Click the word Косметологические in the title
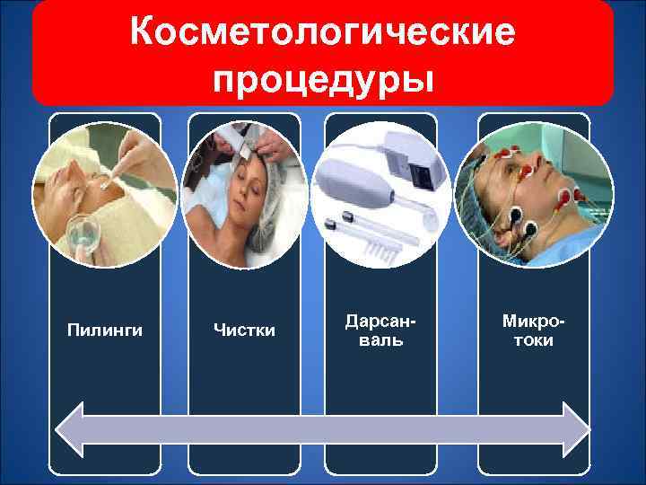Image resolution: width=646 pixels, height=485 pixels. [322, 33]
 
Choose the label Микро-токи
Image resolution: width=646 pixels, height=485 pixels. [528, 331]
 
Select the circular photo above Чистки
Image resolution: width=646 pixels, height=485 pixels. [242, 194]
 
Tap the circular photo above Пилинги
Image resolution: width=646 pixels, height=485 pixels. [104, 194]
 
